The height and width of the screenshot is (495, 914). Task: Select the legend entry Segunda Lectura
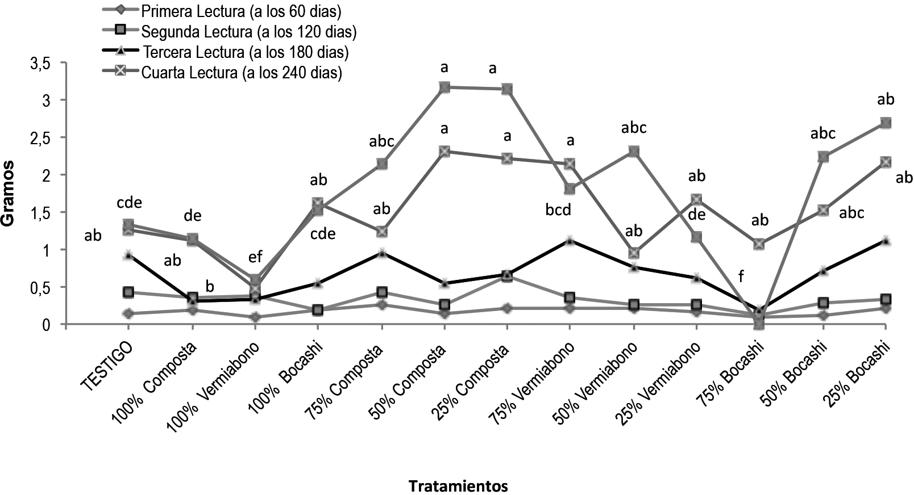tap(250, 31)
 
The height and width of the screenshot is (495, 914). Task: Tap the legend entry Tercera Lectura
tap(246, 52)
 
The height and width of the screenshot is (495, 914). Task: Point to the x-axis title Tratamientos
tap(458, 486)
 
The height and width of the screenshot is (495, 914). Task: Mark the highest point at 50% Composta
tap(444, 87)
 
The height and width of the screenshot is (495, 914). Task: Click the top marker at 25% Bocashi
tap(885, 123)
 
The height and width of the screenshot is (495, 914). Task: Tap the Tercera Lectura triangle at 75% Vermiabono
tap(570, 241)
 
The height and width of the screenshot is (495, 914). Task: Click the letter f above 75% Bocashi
tap(741, 276)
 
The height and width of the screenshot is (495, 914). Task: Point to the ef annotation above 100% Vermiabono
tap(256, 257)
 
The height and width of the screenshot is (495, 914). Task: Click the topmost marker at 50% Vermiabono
tap(633, 151)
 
